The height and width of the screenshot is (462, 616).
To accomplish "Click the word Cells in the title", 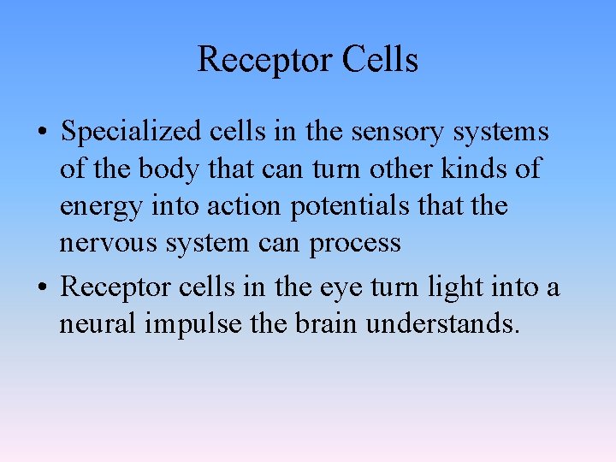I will [x=381, y=61].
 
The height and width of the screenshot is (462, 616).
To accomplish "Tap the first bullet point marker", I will [x=42, y=133].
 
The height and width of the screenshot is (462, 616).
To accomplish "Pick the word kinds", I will [x=473, y=169].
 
